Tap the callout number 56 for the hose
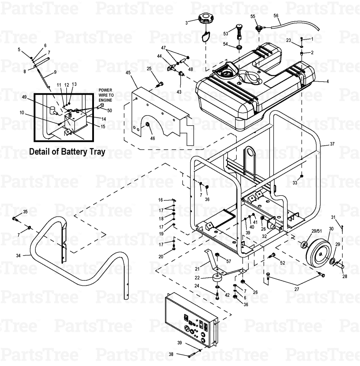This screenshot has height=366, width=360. (276, 15)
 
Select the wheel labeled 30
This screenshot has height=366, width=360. (319, 252)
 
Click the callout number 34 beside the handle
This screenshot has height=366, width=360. (19, 256)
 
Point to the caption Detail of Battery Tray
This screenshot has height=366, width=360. (67, 152)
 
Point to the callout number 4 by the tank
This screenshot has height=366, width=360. (327, 81)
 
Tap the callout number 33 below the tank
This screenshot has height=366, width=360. (295, 183)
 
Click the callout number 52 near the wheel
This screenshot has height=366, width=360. (282, 263)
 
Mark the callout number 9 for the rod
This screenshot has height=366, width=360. (55, 72)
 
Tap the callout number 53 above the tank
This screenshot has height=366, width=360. (226, 33)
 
